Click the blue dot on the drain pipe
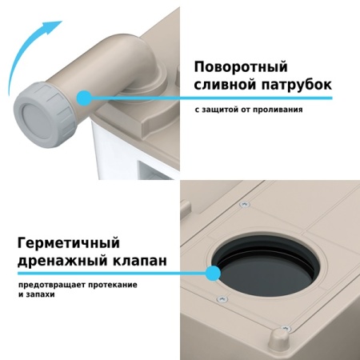[82, 97]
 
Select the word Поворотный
[239, 67]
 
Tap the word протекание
[113, 285]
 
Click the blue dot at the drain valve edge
[213, 274]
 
